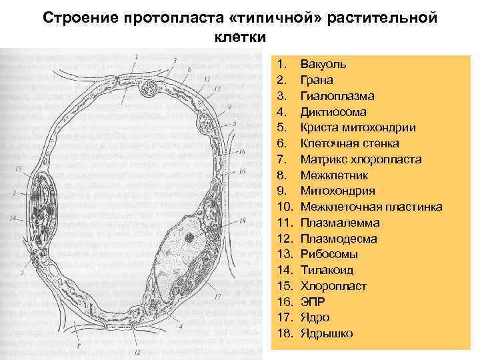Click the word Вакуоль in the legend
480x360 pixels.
point(323,64)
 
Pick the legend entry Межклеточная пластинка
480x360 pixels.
point(371,207)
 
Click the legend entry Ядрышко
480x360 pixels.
point(327,333)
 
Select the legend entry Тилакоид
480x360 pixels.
point(327,270)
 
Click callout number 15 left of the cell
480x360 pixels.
point(18,169)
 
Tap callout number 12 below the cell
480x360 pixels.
point(137,351)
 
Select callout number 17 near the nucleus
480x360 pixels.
point(217,296)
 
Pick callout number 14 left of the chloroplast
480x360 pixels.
point(13,219)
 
